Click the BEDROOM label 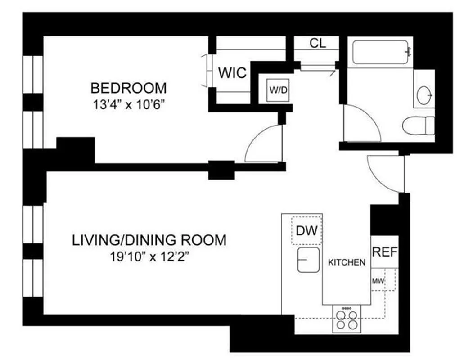point(128,87)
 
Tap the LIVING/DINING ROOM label point(149,240)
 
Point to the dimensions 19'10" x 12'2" point(149,257)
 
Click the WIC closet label point(232,72)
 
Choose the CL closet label point(318,44)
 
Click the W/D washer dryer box point(278,90)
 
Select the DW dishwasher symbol point(307,231)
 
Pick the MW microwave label point(377,282)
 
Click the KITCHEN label point(346,262)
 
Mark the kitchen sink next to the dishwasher point(308,261)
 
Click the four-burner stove point(347,319)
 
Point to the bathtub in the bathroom point(382,52)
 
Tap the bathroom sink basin point(424,95)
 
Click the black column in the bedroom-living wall point(221,170)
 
